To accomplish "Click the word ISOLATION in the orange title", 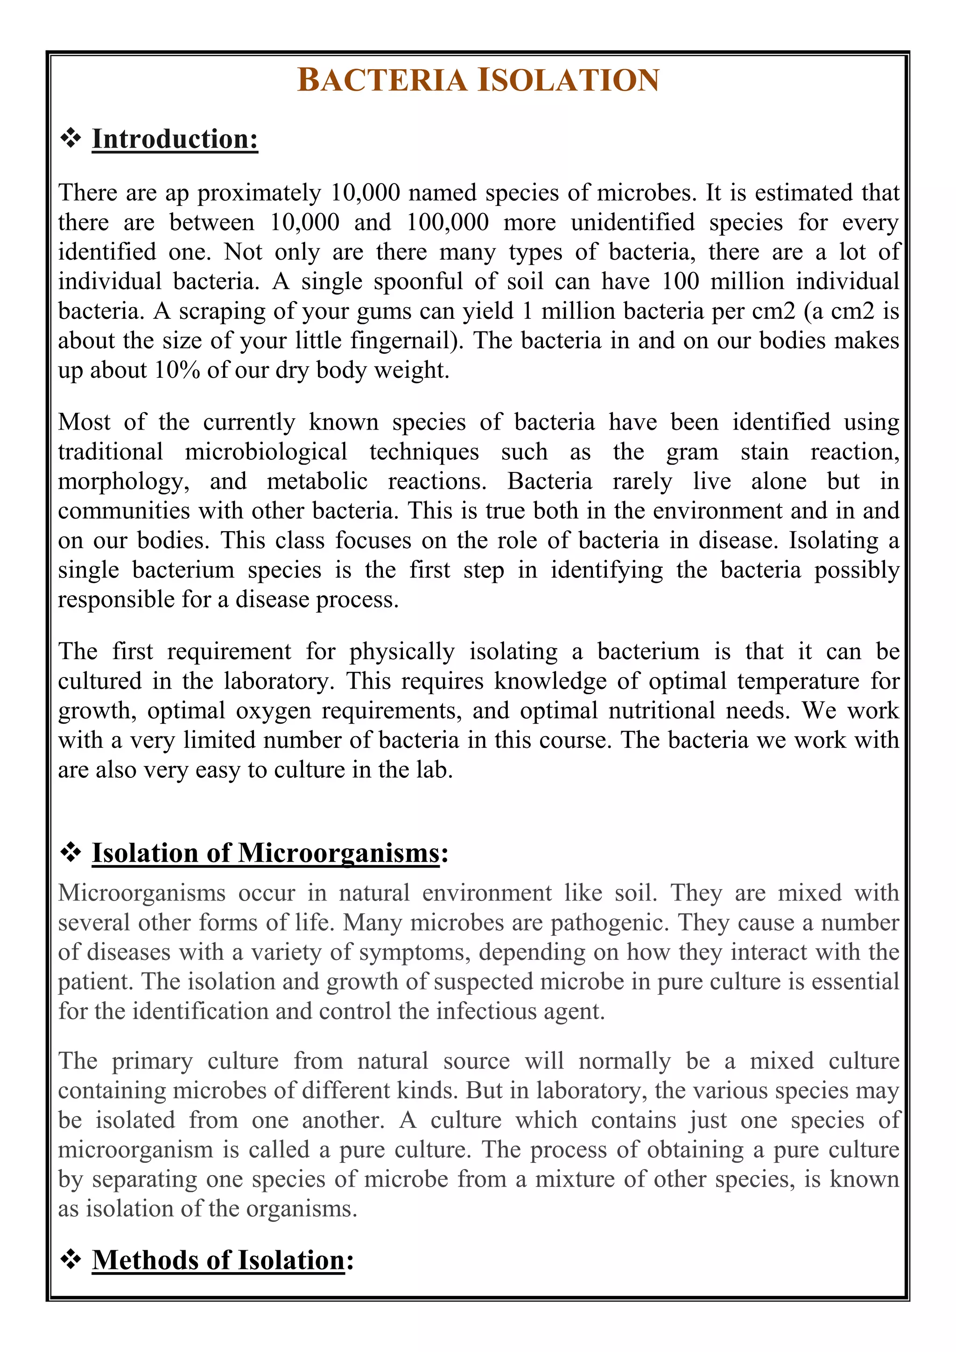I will click(568, 80).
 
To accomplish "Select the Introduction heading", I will click(175, 140).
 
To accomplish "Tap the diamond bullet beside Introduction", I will click(70, 139).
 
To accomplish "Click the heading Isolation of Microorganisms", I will click(266, 853).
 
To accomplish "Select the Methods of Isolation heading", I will click(218, 1260).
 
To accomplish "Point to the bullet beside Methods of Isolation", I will click(70, 1260).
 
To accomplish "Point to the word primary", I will click(152, 1062).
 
